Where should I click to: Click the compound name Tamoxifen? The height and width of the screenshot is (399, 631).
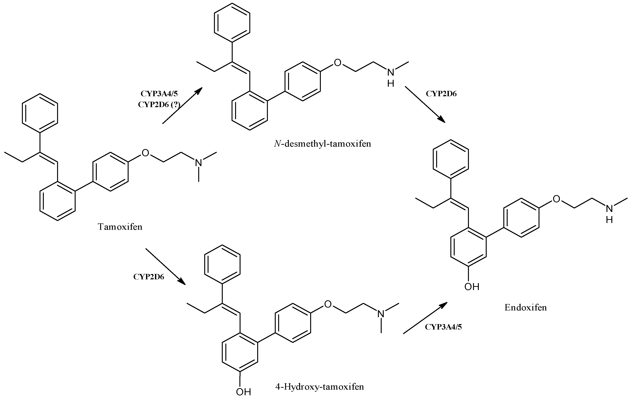coord(120,227)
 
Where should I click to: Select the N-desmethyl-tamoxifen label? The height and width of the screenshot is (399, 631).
coord(323,144)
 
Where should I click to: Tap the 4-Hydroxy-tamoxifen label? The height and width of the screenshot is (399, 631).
coord(320,387)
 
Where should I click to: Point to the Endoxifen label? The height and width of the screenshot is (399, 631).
coord(526,307)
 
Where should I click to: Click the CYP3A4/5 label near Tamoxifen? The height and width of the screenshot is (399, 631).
coord(159,94)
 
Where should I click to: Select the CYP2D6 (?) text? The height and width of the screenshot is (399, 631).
coord(159,105)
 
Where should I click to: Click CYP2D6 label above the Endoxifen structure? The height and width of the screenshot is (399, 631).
coord(441,94)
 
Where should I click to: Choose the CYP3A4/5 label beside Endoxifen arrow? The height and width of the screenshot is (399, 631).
coord(443,327)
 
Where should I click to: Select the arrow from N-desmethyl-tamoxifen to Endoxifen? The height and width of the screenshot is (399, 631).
coord(425,104)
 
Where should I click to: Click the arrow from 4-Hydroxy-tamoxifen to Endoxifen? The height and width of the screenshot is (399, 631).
coord(425,318)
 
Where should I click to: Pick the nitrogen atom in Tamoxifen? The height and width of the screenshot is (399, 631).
coord(199,163)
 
